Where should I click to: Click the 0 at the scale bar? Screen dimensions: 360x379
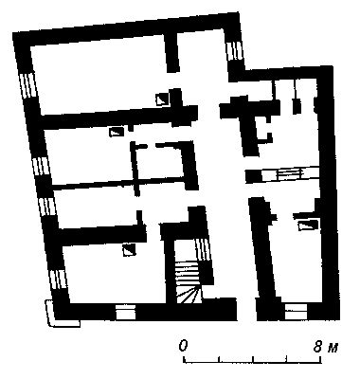(x=183, y=346)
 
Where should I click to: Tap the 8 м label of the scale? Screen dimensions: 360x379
(x=325, y=347)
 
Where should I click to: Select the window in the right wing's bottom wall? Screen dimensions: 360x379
(x=296, y=312)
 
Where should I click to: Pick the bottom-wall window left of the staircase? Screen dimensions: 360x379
(x=126, y=312)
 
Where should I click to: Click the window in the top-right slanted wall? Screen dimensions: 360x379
(x=234, y=51)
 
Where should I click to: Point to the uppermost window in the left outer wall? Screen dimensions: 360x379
(x=27, y=85)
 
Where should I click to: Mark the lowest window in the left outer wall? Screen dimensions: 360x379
(x=59, y=279)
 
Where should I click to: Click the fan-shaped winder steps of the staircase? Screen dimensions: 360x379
(x=189, y=296)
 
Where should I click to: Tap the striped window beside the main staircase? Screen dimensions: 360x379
(x=203, y=249)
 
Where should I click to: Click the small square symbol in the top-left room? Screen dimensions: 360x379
(x=162, y=99)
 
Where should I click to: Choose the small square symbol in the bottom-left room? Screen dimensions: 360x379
(x=129, y=250)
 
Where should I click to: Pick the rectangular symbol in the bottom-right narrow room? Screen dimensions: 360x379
(x=308, y=226)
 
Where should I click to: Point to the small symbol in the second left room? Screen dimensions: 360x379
(x=116, y=132)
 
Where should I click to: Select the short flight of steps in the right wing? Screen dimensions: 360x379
(x=289, y=174)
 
